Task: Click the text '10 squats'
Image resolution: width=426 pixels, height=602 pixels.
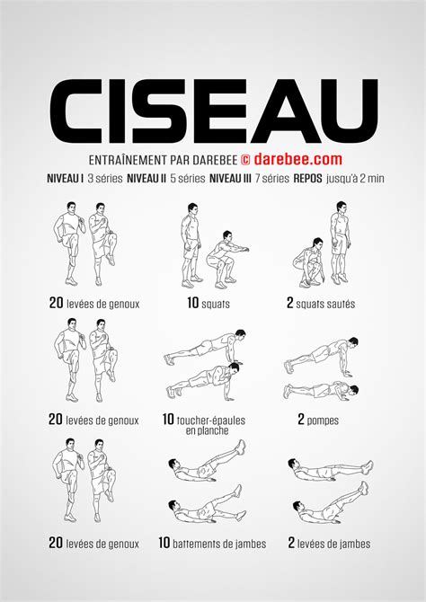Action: [209, 304]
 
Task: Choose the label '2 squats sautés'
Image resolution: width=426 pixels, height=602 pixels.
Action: [321, 304]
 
